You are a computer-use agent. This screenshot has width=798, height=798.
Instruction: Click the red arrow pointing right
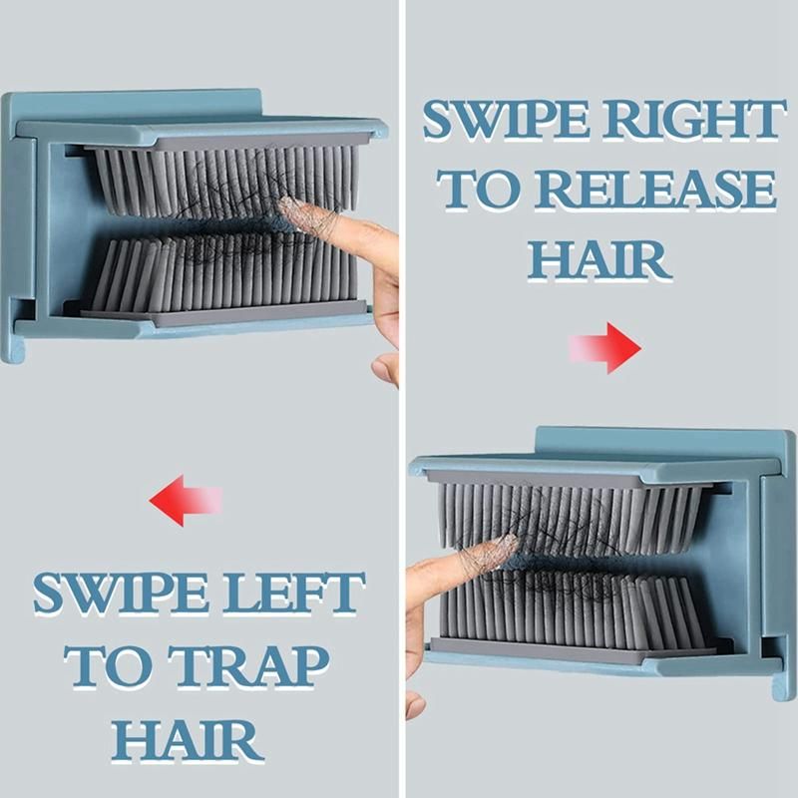(605, 348)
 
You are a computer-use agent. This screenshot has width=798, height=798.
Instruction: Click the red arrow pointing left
(186, 501)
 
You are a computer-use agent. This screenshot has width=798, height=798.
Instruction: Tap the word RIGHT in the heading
(692, 120)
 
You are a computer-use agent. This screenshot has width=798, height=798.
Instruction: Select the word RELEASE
(657, 190)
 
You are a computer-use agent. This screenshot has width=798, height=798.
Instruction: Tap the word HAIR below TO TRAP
(188, 739)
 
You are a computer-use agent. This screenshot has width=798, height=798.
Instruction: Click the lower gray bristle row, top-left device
(222, 275)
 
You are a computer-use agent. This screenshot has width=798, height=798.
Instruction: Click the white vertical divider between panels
(402, 399)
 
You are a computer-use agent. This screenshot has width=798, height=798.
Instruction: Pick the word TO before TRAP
(109, 666)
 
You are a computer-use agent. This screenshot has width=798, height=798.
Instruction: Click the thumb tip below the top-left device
(385, 370)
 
